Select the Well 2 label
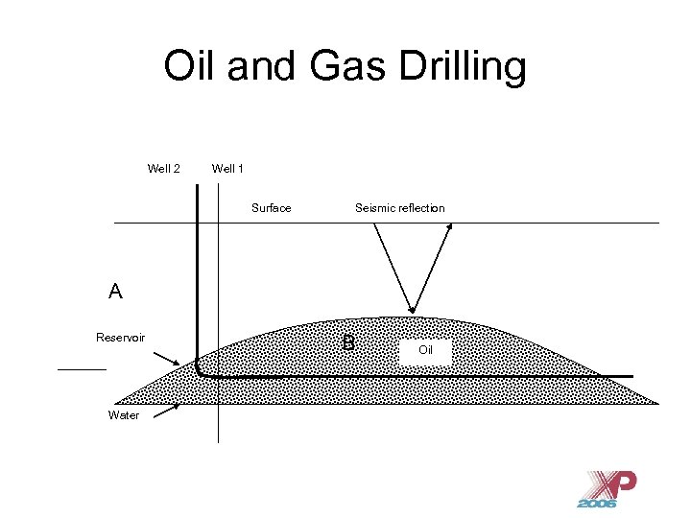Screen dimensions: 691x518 (x=163, y=169)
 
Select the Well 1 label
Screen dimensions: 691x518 (x=227, y=169)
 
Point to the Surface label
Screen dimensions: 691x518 (x=271, y=208)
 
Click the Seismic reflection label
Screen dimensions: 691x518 (x=399, y=208)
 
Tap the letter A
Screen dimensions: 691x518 (x=115, y=292)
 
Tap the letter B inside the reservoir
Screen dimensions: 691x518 (x=348, y=343)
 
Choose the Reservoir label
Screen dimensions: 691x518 (x=120, y=337)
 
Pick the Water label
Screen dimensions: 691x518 (x=124, y=415)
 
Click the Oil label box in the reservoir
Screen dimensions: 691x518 (x=426, y=350)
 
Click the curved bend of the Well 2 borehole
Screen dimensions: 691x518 (x=200, y=371)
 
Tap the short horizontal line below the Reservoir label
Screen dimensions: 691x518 (x=82, y=368)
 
